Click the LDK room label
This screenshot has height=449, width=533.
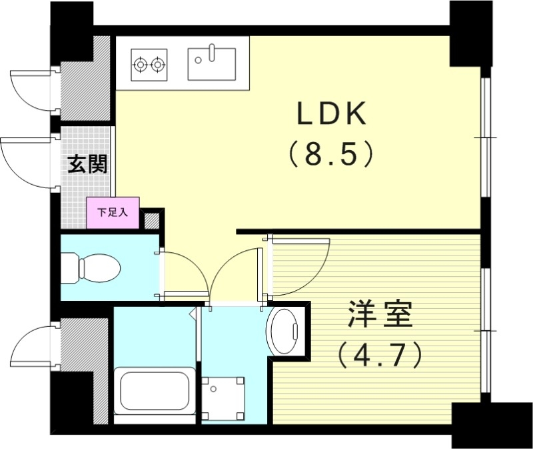coord(332,115)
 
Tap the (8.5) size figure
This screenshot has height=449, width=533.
coord(330,155)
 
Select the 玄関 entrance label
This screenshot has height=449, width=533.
coord(87,163)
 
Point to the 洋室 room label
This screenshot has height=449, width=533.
coord(380,315)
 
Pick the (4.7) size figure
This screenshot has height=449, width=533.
coord(380,354)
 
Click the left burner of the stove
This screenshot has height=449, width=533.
coord(141,65)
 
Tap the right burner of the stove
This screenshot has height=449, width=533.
coord(158,65)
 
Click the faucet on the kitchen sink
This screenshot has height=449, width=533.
coord(212,51)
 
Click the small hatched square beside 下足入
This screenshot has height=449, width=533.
coord(153,221)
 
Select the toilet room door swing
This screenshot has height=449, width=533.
coord(183,274)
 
